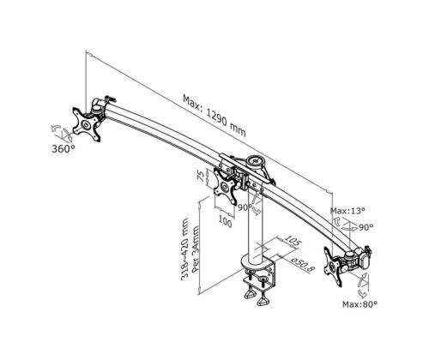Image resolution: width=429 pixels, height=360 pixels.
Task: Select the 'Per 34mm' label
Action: pyautogui.click(x=196, y=249)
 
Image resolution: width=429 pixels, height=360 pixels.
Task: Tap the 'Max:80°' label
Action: pyautogui.click(x=360, y=303)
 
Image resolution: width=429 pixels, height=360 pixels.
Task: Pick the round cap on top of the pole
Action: pyautogui.click(x=254, y=160)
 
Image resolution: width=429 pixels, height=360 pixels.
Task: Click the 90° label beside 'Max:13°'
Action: pyautogui.click(x=366, y=226)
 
